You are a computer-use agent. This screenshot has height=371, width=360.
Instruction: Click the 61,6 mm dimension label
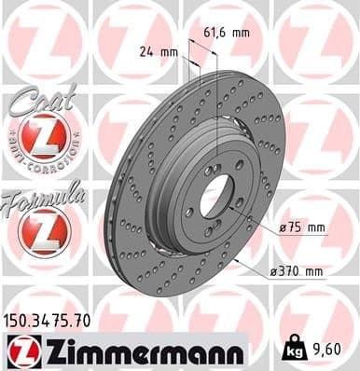pyautogui.click(x=226, y=34)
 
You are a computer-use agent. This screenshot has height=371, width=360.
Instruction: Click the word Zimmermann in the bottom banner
pyautogui.click(x=138, y=351)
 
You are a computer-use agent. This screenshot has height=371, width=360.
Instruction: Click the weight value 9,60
pyautogui.click(x=323, y=350)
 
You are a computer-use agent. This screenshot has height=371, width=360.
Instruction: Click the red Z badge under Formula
pyautogui.click(x=40, y=229)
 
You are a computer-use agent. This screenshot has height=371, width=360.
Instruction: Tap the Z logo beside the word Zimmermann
pyautogui.click(x=21, y=351)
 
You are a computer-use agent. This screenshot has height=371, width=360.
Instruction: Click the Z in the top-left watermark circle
pyautogui.click(x=37, y=35)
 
